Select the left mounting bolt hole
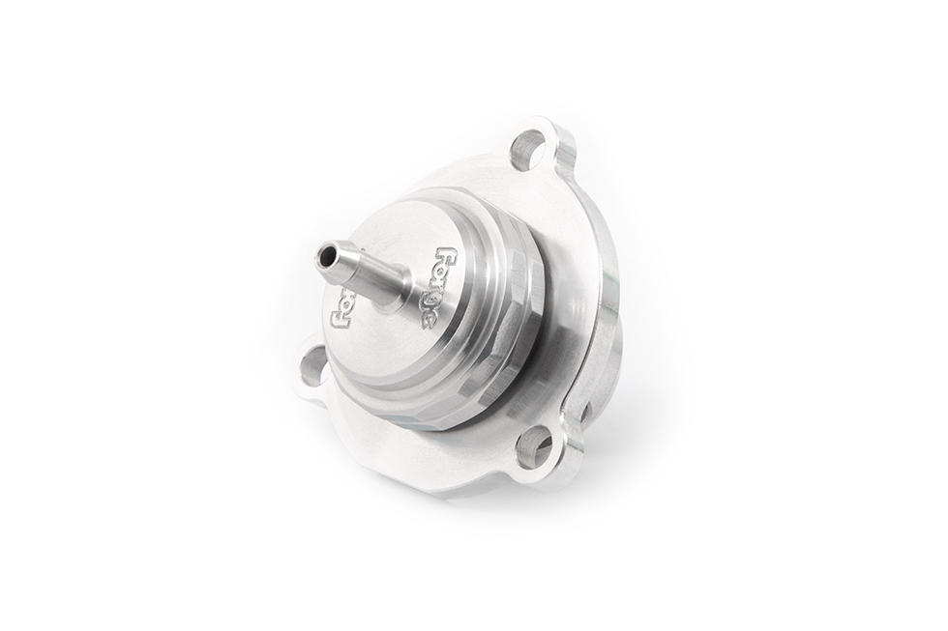pos(313,367)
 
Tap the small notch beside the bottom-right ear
pos(583,411)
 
